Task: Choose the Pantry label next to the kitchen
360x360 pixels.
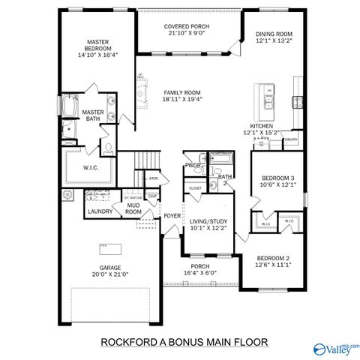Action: point(292,139)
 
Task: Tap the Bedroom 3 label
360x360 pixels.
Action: point(277,178)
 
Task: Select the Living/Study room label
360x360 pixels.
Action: point(208,221)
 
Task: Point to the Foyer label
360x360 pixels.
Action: point(172,216)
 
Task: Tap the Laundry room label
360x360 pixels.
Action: point(100,212)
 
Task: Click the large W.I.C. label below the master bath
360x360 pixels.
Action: point(89,166)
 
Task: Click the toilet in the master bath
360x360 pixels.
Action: point(107,147)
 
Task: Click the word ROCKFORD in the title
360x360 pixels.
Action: point(127,342)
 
